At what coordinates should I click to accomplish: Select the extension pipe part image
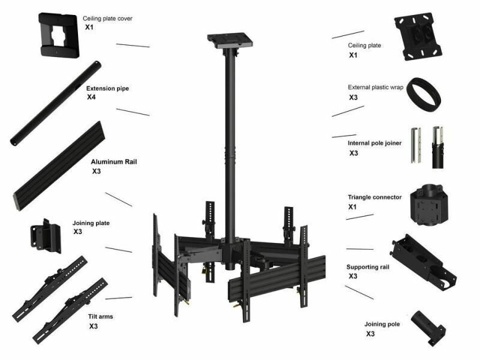point(56,104)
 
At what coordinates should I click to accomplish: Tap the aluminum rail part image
point(59,166)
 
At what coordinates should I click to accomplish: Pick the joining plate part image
point(46,236)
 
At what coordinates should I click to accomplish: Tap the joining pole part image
point(428,328)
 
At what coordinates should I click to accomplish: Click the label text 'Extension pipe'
point(107,88)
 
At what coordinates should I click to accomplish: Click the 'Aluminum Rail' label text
point(114,161)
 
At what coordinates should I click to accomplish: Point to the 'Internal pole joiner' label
point(374,143)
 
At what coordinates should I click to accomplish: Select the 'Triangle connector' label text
point(374,197)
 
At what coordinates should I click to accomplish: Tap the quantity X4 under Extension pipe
point(91,97)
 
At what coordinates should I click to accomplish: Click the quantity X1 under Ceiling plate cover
point(89,27)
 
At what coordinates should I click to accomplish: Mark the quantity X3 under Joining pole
point(370,334)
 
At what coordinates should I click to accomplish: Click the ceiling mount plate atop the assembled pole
point(230,40)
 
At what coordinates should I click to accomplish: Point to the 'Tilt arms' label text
point(101,317)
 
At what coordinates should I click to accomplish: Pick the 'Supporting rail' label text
point(368,267)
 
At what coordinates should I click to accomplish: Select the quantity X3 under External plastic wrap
point(353,97)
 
